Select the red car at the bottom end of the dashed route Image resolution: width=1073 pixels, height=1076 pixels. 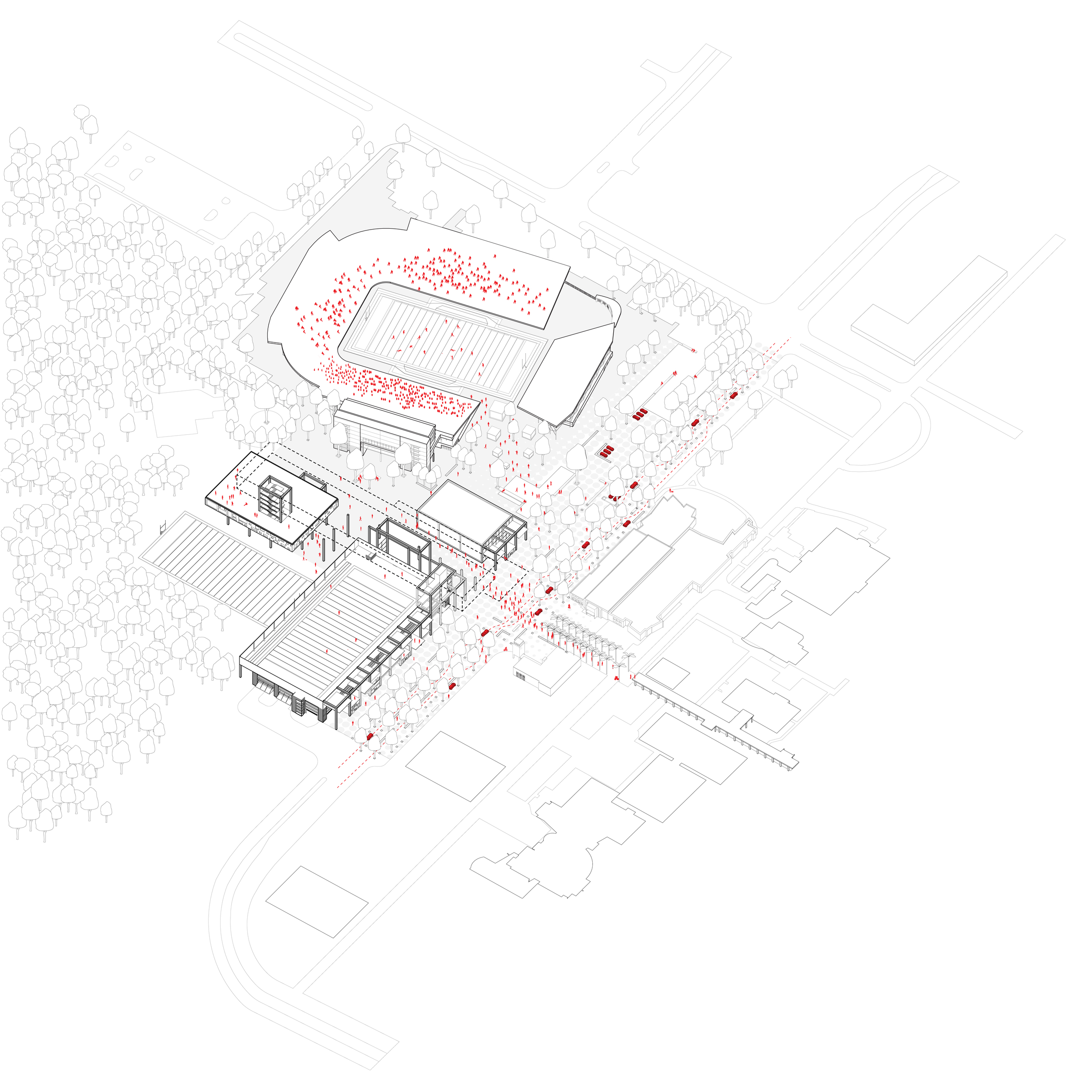[x=369, y=736]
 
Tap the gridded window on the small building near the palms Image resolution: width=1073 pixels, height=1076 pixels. [x=520, y=676]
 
